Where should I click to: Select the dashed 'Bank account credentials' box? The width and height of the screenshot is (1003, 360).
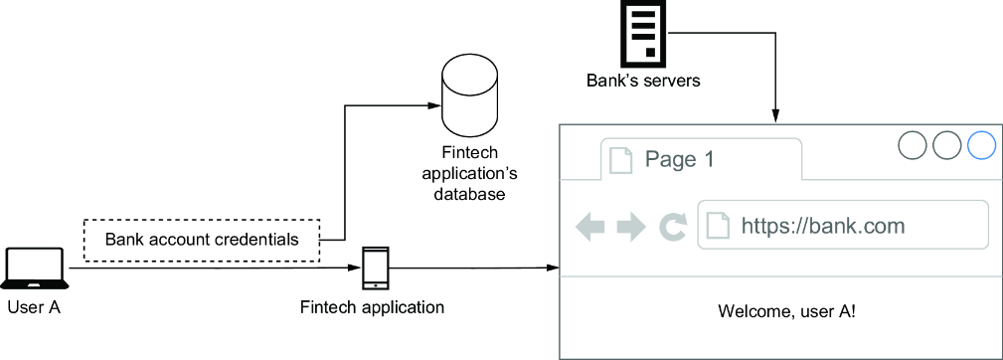(x=202, y=241)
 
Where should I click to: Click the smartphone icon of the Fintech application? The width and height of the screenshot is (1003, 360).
(x=375, y=268)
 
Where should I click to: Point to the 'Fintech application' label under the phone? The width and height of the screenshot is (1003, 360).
(x=373, y=307)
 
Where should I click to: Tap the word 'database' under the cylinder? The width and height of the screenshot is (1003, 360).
(x=470, y=194)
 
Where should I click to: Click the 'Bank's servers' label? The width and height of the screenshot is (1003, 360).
(x=642, y=82)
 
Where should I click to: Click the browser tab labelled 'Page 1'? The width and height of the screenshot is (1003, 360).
(x=701, y=158)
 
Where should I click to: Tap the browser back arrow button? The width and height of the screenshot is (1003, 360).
(x=590, y=228)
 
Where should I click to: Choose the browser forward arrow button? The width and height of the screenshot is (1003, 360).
(x=631, y=228)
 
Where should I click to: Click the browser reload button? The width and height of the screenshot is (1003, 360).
(x=673, y=228)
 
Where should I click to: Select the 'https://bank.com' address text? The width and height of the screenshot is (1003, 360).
(x=823, y=225)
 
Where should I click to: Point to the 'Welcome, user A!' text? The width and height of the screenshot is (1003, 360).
(x=786, y=311)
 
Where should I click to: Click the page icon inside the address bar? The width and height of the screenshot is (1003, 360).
(x=718, y=225)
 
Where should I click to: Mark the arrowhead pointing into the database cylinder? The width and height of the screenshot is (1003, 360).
(x=435, y=105)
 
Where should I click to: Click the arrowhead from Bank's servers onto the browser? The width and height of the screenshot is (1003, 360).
(x=774, y=117)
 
